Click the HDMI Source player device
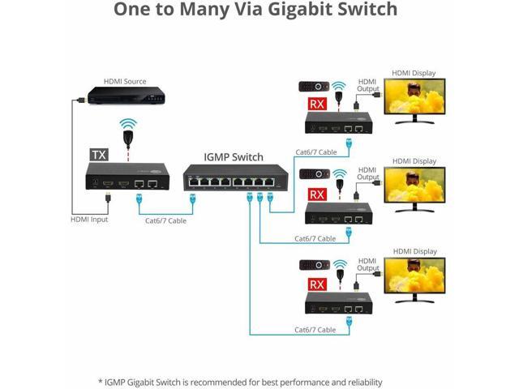[x=124, y=96]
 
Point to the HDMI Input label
[x=88, y=220]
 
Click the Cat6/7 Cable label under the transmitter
[x=166, y=220]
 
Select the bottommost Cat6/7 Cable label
[x=315, y=330]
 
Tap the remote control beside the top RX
[x=311, y=86]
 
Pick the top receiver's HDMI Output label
[x=368, y=85]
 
